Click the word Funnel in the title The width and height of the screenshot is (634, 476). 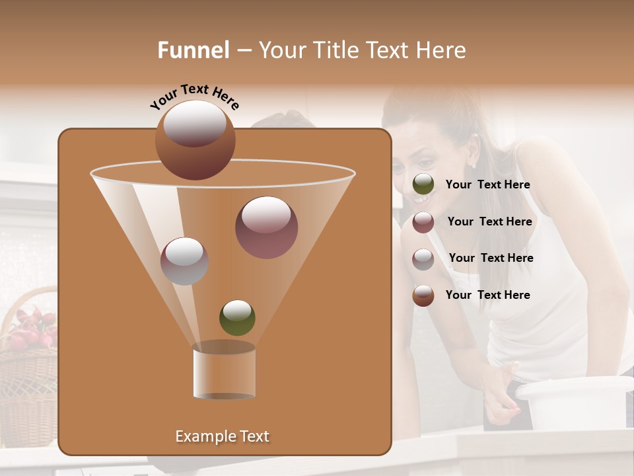tap(194, 50)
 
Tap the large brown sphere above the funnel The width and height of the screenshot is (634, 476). tap(195, 139)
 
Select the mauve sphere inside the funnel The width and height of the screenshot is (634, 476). tap(266, 227)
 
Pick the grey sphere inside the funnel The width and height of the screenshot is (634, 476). tap(185, 261)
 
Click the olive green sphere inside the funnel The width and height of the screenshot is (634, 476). tap(237, 317)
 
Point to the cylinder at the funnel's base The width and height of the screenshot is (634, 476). tap(224, 370)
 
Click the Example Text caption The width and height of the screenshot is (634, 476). tap(222, 436)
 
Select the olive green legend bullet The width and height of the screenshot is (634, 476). tap(423, 184)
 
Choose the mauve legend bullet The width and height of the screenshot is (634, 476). tap(423, 222)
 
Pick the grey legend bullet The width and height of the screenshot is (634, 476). tap(423, 258)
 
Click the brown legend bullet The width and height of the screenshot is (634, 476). tap(423, 296)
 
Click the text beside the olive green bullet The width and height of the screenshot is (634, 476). tap(487, 185)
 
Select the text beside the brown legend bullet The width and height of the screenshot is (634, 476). tap(487, 295)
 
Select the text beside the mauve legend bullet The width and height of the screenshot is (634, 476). tap(489, 221)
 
